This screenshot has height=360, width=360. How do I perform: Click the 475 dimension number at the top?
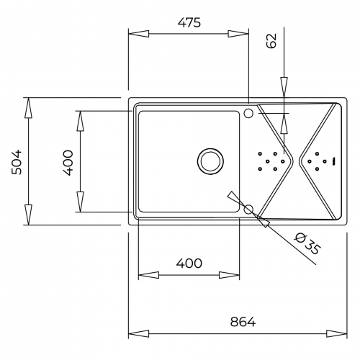(x=189, y=22)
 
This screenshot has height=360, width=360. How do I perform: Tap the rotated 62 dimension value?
(x=271, y=41)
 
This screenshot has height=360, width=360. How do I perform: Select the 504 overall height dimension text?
(x=17, y=162)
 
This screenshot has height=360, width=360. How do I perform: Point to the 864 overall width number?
(x=243, y=322)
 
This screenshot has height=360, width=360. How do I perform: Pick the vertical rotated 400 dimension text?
(x=68, y=163)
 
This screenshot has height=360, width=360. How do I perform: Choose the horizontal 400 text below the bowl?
(x=189, y=264)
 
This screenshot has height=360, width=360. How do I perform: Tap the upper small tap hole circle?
(x=248, y=113)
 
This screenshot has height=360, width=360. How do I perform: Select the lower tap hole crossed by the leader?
(x=248, y=210)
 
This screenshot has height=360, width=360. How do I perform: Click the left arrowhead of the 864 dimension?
(x=138, y=333)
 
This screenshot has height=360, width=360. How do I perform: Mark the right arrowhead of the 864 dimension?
(x=337, y=333)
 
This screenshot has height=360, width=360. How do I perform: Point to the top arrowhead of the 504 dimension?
(x=28, y=108)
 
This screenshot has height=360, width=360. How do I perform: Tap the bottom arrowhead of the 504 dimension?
(x=28, y=215)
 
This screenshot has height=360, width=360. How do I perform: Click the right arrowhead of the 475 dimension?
(x=238, y=34)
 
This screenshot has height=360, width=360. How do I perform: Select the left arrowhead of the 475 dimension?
(x=138, y=34)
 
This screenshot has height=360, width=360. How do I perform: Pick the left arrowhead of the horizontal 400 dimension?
(x=148, y=275)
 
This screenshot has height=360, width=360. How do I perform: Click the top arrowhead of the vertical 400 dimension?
(x=80, y=121)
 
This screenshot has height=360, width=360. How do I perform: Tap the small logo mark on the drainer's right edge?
(x=333, y=161)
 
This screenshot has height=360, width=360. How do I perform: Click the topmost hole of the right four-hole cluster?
(x=317, y=153)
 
